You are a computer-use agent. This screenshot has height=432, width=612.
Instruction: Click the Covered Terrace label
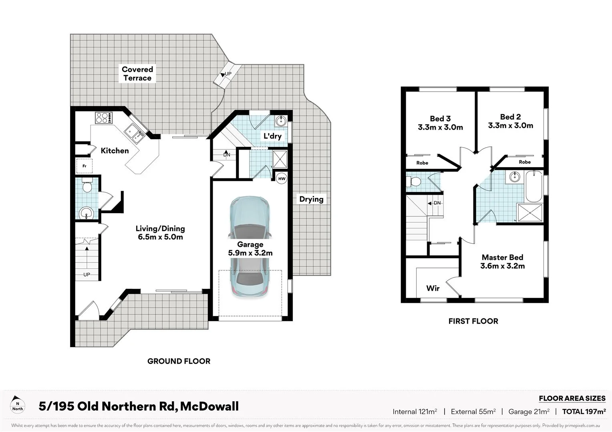[x=137, y=74]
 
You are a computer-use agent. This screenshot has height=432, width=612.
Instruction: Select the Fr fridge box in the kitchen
[x=85, y=166]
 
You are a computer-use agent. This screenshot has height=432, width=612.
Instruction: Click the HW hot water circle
[x=282, y=178]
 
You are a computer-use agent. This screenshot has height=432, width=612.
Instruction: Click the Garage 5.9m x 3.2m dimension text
[x=250, y=253]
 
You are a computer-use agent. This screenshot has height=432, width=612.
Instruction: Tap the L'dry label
[x=272, y=136]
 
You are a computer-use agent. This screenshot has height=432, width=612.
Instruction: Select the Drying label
[x=311, y=199]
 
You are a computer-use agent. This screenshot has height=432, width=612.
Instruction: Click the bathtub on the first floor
[x=533, y=186]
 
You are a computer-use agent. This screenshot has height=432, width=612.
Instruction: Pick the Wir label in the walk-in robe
[x=433, y=288]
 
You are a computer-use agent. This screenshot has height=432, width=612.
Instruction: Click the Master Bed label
[x=502, y=258]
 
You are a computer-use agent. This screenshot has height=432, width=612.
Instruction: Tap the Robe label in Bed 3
[x=422, y=163]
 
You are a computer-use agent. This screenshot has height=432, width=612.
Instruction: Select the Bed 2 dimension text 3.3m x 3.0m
[x=510, y=126]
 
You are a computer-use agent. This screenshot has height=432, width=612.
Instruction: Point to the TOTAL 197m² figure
[x=584, y=412]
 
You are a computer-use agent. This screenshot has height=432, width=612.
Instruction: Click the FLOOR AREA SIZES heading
[x=572, y=398]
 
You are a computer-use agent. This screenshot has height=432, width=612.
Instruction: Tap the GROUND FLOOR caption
[x=179, y=361]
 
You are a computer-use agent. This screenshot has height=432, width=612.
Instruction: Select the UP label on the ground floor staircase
[x=87, y=274]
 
